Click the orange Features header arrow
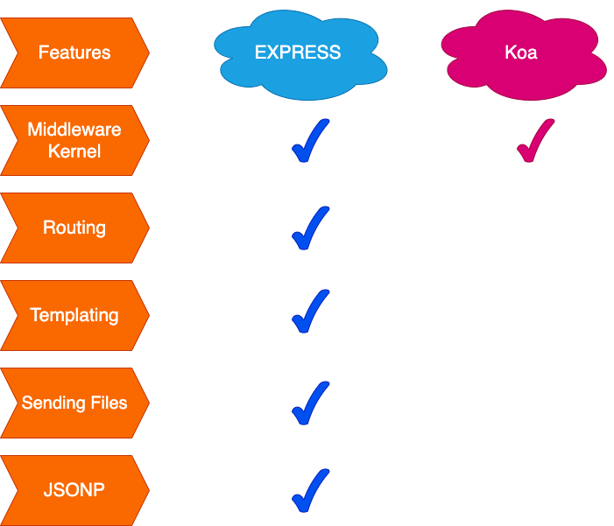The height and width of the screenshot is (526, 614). (74, 53)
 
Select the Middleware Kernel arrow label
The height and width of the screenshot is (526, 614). (74, 140)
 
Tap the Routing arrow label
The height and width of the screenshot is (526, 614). (74, 228)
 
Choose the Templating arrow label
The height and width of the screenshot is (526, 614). (74, 315)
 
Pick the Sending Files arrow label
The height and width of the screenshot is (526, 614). (74, 403)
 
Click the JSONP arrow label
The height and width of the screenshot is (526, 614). (74, 490)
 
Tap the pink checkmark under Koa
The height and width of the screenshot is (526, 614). (533, 143)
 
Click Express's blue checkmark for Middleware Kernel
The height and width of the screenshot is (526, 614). (309, 143)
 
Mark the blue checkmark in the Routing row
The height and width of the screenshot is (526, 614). (309, 229)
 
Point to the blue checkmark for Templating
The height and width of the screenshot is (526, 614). (309, 313)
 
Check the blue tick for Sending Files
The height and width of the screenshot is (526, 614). (309, 403)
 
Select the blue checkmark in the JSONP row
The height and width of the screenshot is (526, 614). (309, 491)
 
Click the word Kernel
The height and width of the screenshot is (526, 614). (74, 151)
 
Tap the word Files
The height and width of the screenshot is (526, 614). (105, 403)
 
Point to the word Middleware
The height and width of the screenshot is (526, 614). (74, 130)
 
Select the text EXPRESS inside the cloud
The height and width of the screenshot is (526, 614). (298, 53)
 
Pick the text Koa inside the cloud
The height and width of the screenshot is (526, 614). (521, 53)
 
